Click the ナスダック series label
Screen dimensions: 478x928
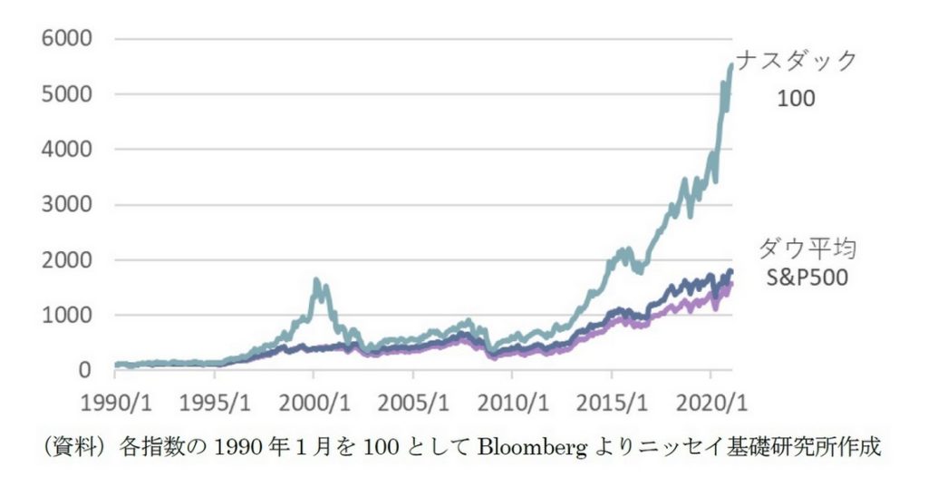click(x=797, y=62)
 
